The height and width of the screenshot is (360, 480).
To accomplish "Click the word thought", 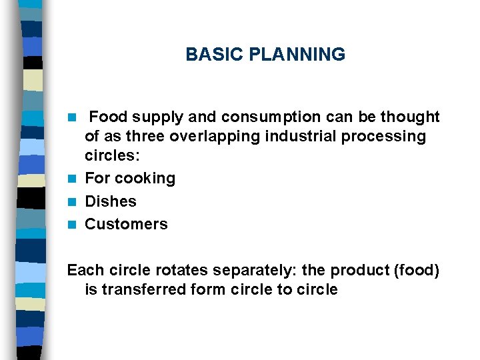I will click(x=409, y=117).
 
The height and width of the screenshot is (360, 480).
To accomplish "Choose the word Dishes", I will click(x=111, y=201).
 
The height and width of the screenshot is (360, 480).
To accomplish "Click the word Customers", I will click(x=127, y=224).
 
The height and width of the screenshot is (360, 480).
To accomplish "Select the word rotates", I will click(x=165, y=270).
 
